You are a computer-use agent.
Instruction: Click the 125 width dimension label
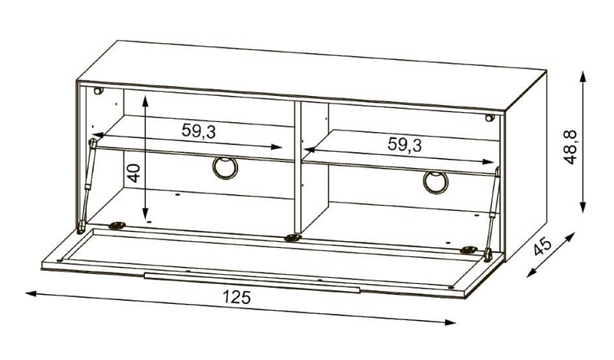[236, 297]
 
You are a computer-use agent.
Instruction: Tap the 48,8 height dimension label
[569, 147]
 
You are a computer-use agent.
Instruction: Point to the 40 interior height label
[134, 173]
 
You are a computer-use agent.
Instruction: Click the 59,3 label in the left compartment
[199, 130]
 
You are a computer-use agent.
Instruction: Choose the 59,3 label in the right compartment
[404, 144]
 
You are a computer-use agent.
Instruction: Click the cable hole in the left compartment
[225, 167]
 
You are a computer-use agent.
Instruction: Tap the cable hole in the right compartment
[435, 182]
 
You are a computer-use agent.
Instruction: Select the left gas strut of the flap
[87, 186]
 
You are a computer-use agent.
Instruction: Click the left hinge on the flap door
[117, 225]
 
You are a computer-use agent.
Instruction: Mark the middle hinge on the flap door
[292, 237]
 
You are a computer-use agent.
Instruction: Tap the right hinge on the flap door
[468, 249]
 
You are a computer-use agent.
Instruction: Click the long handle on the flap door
[252, 282]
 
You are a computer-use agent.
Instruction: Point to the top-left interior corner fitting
[98, 91]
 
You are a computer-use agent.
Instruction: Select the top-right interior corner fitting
[489, 117]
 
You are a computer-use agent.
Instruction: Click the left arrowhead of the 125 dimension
[31, 293]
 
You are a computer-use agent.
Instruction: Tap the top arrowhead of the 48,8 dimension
[583, 77]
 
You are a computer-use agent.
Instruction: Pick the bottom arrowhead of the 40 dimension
[146, 214]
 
